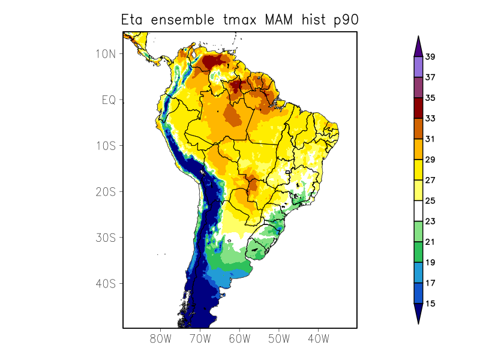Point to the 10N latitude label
105,53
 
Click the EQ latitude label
108,100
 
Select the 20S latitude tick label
105,191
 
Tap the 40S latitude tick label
105,283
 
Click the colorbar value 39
430,57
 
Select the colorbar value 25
430,201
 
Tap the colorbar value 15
430,304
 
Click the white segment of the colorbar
418,211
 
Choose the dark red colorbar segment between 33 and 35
418,108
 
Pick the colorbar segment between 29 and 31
418,149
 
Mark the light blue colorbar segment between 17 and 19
418,273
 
